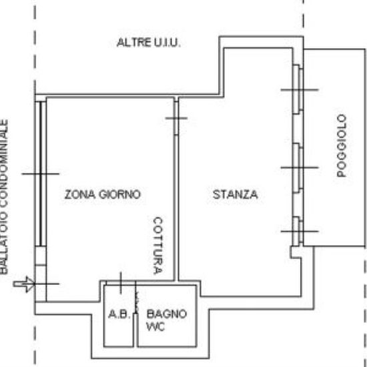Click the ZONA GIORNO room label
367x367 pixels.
(x=103, y=194)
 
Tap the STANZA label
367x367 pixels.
(x=236, y=194)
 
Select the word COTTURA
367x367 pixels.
(x=158, y=246)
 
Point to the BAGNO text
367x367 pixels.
(x=167, y=314)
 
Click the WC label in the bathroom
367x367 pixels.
(x=155, y=326)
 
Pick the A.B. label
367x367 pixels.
(x=119, y=314)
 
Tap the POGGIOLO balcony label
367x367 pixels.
(x=342, y=145)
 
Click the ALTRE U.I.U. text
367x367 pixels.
(x=149, y=43)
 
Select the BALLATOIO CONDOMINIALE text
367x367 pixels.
(x=4, y=197)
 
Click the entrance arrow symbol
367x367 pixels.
(x=24, y=284)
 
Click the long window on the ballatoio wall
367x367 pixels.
(x=41, y=173)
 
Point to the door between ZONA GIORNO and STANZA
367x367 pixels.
(x=176, y=118)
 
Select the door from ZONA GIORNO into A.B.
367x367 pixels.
(x=121, y=283)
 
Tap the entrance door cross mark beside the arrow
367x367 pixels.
(x=46, y=284)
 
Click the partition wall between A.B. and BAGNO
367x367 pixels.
(x=135, y=330)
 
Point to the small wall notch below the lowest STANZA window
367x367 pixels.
(x=296, y=252)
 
